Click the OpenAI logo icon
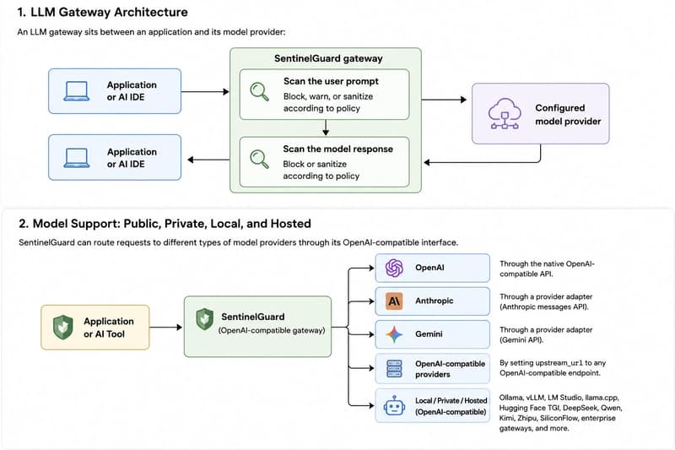(394, 268)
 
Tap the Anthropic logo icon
(394, 301)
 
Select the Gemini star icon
(394, 334)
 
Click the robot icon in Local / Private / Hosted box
(394, 405)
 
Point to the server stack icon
(394, 369)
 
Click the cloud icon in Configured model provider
(505, 113)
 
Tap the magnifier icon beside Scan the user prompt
(260, 92)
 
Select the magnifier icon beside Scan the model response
(260, 159)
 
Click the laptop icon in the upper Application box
(77, 91)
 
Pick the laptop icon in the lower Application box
(77, 158)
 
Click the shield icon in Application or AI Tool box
(62, 327)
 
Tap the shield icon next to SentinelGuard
(204, 319)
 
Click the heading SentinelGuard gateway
(328, 58)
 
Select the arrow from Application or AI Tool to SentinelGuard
(165, 328)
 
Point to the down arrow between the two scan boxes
(326, 127)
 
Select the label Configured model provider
(568, 115)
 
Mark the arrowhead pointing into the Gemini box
(371, 334)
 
